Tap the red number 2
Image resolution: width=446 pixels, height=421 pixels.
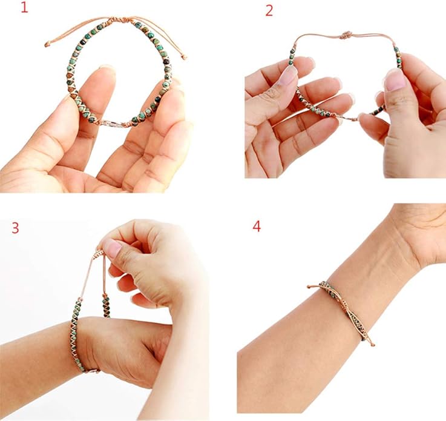(x=269, y=12)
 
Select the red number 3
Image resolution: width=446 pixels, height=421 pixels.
(x=15, y=228)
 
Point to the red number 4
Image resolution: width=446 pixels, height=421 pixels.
(x=257, y=227)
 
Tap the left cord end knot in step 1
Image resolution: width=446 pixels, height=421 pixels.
(x=47, y=44)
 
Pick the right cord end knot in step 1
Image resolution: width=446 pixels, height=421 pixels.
(x=184, y=58)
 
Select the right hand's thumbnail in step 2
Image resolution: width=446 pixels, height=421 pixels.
(x=395, y=80)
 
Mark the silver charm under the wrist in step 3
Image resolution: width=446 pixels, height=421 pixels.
(x=91, y=370)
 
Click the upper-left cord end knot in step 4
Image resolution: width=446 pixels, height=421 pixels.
(x=309, y=287)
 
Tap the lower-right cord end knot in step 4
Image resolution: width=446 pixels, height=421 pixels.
(x=373, y=345)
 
